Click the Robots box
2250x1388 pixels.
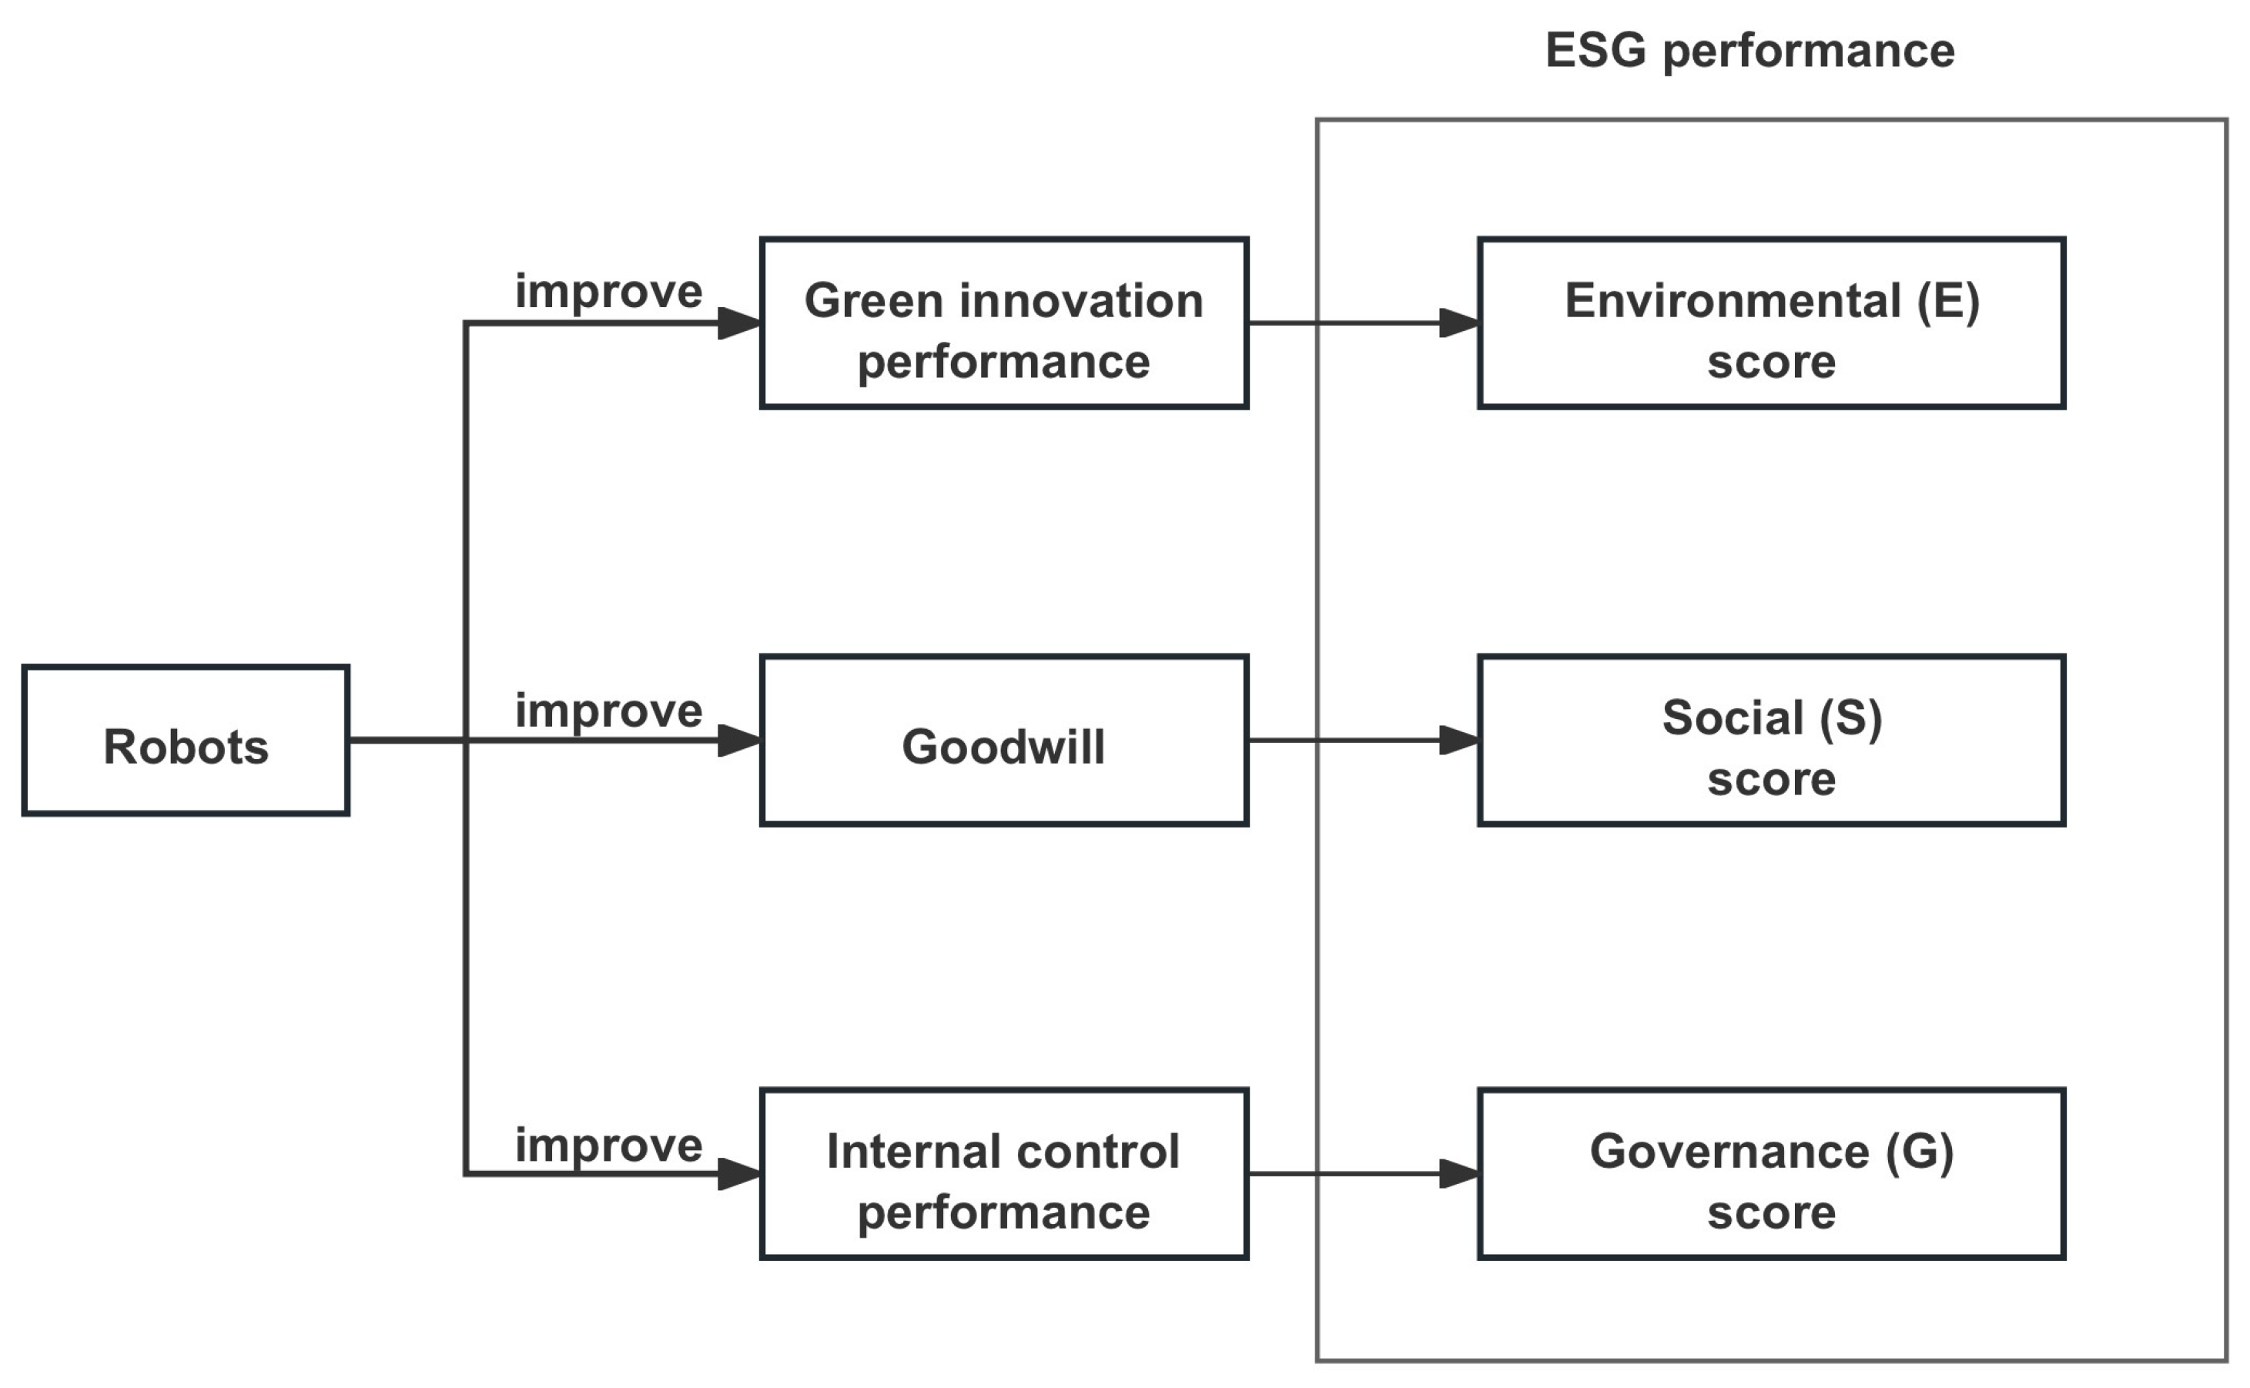(186, 740)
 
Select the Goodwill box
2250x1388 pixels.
(1003, 740)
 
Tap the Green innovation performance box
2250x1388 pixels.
(1003, 323)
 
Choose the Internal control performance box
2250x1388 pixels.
(1003, 1174)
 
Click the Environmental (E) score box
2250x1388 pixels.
(1771, 323)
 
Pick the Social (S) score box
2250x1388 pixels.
(1771, 740)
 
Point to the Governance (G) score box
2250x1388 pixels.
(1771, 1174)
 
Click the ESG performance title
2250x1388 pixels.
(1749, 52)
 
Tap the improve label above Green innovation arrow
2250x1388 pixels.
(608, 292)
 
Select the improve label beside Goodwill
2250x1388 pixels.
(608, 711)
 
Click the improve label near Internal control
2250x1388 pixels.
(608, 1145)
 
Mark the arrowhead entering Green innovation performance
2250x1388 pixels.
(739, 323)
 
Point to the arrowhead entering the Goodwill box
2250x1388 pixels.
(739, 740)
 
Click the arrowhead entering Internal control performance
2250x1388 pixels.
(739, 1174)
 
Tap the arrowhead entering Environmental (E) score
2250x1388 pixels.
(1460, 323)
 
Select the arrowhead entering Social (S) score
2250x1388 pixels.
(1460, 740)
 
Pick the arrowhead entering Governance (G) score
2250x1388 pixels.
(1460, 1174)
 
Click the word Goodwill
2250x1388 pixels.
(1003, 746)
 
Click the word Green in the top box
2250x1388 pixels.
(873, 301)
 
